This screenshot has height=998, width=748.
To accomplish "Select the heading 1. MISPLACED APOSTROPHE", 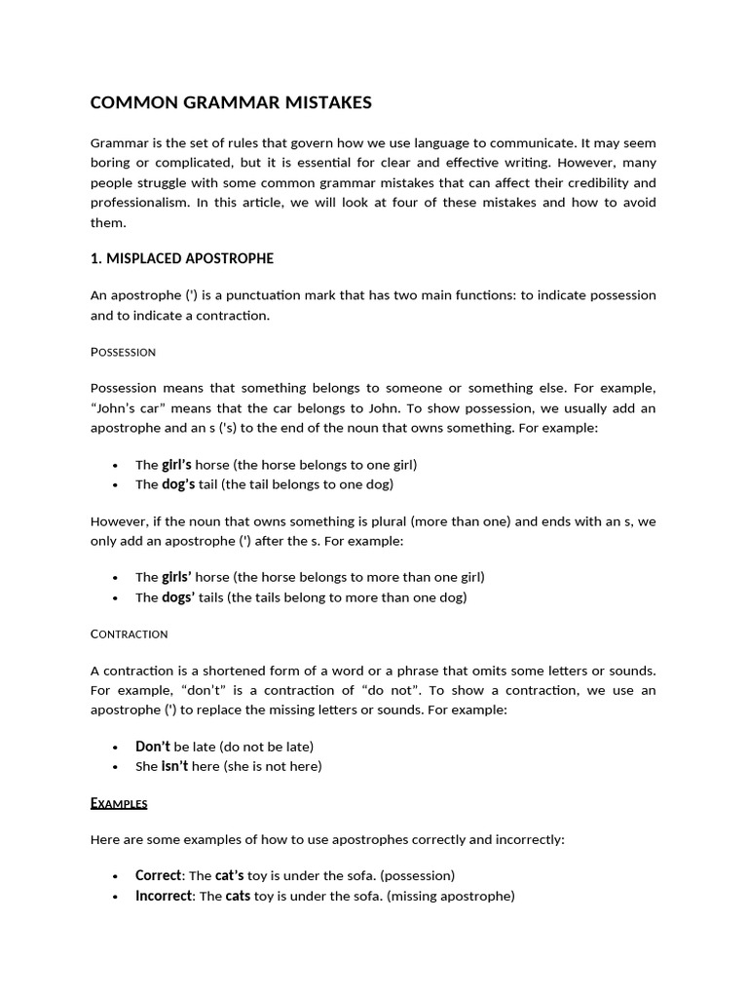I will pos(182,258).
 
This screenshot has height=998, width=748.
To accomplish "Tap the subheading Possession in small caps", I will pos(123,351).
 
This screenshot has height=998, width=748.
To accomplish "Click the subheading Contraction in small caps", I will pos(129,633).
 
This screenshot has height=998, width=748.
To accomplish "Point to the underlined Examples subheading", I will pos(119,803).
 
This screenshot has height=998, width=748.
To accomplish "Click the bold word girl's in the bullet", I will pos(176,465).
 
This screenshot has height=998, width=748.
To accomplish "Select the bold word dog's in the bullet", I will pos(178,483).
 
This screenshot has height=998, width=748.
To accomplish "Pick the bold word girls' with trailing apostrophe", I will pos(176,577).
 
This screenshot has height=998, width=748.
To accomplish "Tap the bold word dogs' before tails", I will pos(178,596).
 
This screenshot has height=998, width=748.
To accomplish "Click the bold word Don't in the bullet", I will pos(152,747).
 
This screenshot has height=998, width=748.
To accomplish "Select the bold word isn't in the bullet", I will pos(174,766).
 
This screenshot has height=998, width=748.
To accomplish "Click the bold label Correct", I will pos(158,875).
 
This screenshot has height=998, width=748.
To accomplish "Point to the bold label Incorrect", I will pos(164,895).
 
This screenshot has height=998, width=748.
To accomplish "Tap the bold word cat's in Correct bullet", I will pos(230,875).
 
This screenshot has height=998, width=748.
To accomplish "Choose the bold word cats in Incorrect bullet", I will pos(238,895).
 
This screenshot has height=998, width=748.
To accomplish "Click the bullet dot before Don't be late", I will pos(116,748).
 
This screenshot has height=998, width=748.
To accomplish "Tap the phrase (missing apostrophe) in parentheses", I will pos(450,895).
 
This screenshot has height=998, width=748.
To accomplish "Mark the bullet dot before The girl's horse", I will pos(116,466).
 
